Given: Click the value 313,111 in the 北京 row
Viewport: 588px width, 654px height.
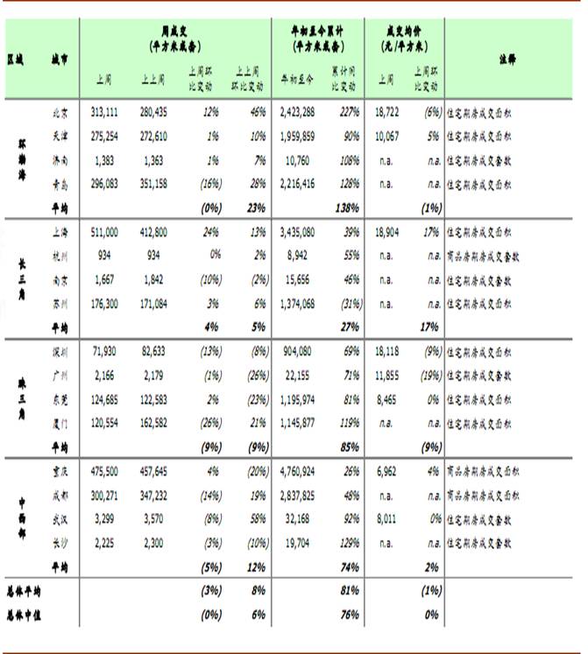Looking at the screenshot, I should (103, 112).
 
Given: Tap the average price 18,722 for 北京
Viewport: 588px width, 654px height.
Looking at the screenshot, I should (386, 112).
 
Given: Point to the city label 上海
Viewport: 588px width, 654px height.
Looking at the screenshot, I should (60, 232).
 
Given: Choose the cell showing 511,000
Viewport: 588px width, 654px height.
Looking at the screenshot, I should (104, 232).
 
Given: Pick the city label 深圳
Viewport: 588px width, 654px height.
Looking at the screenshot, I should (60, 351).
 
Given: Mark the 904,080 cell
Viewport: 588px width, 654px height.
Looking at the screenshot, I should (299, 351).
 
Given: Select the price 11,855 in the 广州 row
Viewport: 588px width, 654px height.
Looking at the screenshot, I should (386, 375).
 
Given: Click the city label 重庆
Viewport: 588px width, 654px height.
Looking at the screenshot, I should (60, 471).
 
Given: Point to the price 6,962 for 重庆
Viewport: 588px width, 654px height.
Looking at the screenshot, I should (388, 471).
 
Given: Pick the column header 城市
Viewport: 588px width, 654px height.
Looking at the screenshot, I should (60, 60).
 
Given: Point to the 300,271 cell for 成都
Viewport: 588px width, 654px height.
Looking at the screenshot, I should (104, 495).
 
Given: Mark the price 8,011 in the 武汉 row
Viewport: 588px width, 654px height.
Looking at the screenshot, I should (388, 518).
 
